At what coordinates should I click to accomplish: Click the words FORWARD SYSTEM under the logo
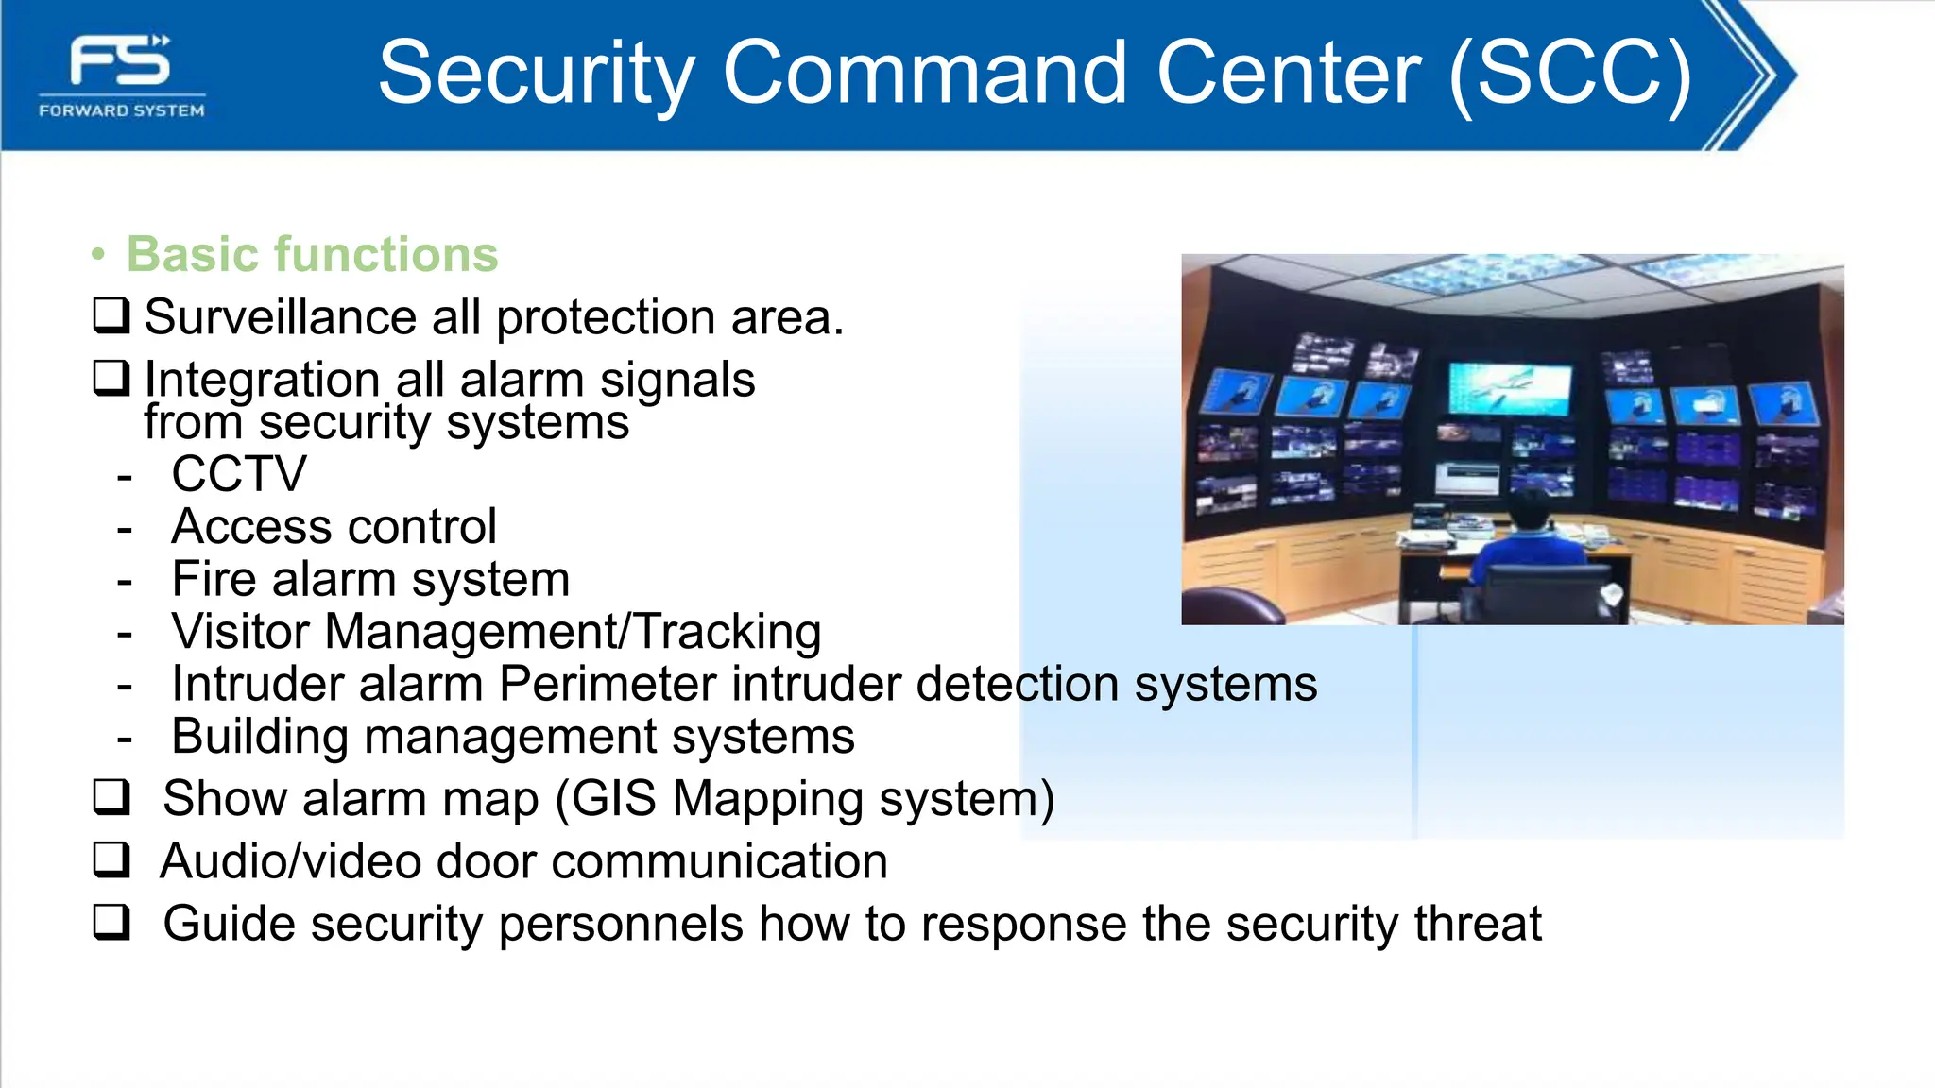click(121, 110)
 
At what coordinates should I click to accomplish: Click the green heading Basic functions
click(312, 254)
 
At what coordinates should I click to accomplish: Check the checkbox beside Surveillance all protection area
click(111, 315)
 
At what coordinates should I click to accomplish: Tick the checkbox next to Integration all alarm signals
click(111, 378)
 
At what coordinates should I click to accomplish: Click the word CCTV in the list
click(239, 474)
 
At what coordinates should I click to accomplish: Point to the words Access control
click(334, 526)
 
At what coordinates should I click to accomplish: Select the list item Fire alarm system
click(370, 579)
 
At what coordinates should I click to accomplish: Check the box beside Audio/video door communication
click(111, 859)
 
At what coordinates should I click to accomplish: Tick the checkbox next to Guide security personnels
click(111, 922)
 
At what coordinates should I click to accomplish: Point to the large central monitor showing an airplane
click(1509, 389)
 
